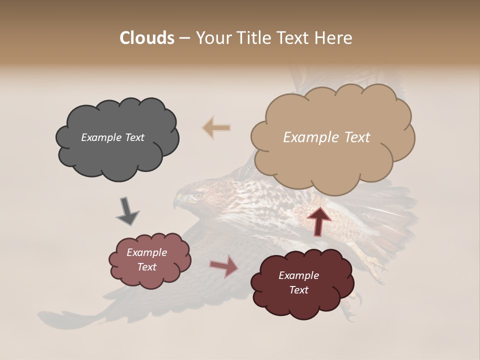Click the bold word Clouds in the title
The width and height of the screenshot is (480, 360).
click(147, 38)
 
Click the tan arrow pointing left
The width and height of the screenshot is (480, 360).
click(216, 128)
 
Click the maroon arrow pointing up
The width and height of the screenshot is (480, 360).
click(319, 220)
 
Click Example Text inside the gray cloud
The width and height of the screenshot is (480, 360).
click(112, 137)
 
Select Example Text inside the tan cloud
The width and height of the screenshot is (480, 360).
click(326, 137)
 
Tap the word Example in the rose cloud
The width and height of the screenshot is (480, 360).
click(146, 252)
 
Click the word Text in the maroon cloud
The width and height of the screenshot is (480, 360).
click(298, 290)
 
